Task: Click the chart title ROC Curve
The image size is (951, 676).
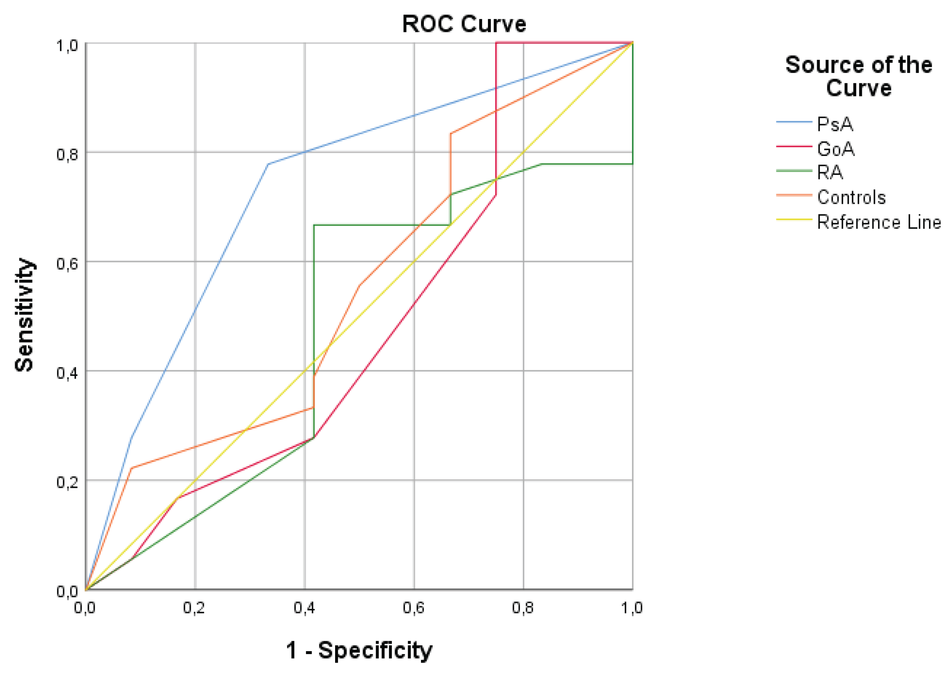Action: [464, 24]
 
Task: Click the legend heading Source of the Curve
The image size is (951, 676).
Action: [858, 76]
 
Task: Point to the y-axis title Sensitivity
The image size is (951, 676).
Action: [24, 315]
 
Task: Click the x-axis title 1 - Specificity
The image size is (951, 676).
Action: [359, 650]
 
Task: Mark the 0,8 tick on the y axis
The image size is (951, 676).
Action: [67, 154]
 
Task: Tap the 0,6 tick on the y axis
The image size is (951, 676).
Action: [67, 264]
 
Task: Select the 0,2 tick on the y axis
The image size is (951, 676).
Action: [67, 482]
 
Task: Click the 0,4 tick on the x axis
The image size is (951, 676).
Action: [304, 608]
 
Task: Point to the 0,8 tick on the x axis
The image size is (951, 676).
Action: [523, 608]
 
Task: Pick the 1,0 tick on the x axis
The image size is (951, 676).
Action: [632, 608]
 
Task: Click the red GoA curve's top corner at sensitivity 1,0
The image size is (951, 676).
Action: [496, 43]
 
